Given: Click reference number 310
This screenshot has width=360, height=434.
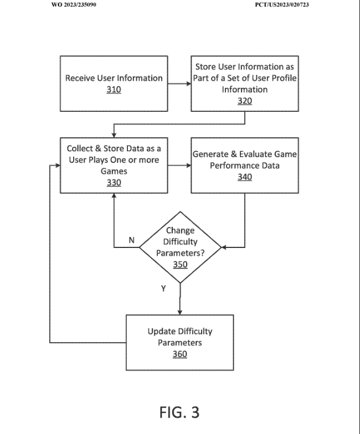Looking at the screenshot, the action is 114,90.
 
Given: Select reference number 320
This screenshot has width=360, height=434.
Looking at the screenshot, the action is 245,101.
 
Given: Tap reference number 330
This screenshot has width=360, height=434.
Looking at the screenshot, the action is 114,183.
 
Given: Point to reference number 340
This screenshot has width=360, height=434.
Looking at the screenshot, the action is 245,177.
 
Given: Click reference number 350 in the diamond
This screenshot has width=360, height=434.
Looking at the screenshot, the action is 181,265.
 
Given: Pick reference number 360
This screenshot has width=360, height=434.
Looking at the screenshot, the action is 179,354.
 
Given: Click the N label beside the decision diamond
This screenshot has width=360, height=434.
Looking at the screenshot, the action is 132,240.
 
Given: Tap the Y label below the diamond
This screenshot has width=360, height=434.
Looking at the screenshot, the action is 163,288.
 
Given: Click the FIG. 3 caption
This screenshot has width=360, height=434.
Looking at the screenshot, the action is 179,412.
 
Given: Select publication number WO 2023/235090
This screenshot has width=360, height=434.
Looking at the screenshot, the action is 74,4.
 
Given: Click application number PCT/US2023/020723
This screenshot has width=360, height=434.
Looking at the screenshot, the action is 282,4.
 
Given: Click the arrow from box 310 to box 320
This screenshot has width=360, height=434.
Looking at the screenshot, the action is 179,84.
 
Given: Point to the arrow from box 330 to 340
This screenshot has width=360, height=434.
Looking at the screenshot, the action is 179,166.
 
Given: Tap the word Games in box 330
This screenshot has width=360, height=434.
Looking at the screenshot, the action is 114,172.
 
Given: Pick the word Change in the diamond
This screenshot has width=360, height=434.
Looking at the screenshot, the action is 181,230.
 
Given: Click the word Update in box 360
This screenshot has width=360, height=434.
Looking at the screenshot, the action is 162,331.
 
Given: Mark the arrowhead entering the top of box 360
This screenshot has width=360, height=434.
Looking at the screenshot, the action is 179,312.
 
